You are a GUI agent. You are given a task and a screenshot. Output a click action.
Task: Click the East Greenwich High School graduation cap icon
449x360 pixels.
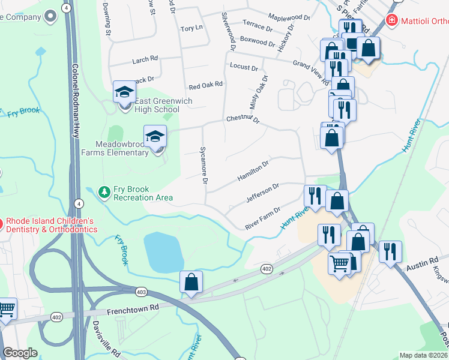125,92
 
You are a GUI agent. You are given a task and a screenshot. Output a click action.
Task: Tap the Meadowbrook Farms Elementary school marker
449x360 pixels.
155,136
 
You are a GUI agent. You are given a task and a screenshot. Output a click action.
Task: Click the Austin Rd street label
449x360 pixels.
423,263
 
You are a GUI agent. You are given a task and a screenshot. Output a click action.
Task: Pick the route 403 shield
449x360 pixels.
141,292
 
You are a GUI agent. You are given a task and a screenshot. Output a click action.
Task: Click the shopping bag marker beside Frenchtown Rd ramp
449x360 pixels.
191,282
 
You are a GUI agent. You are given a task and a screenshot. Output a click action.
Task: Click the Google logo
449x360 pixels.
20,353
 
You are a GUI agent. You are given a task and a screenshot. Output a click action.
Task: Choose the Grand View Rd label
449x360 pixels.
311,71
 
